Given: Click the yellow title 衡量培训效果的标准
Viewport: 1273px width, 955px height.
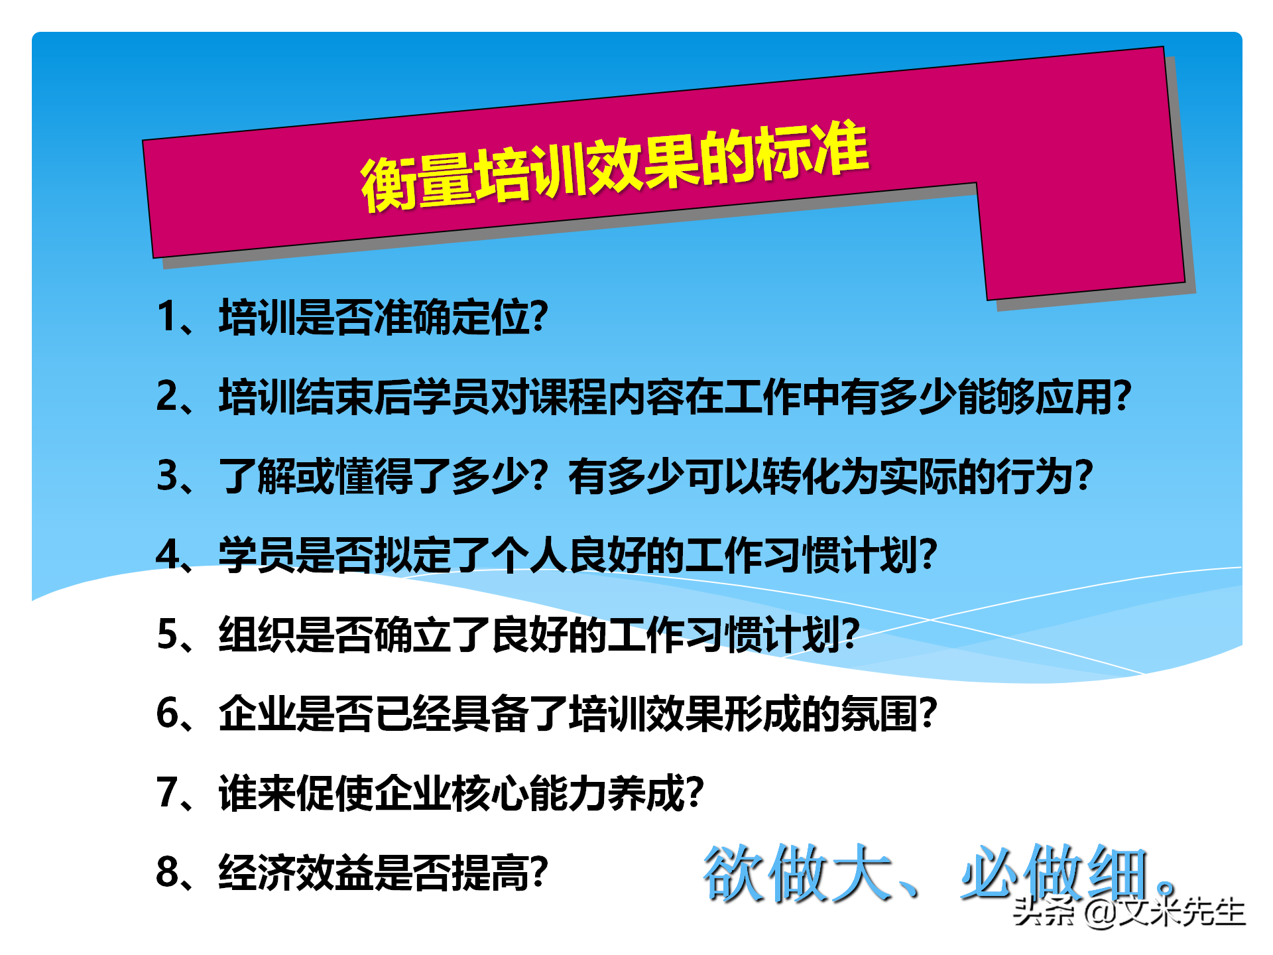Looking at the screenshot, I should coord(614,167).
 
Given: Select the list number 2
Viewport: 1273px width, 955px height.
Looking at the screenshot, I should coord(166,396).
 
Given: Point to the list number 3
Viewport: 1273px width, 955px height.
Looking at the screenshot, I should coord(166,476).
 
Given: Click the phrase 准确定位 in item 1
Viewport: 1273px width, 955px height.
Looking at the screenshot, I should coord(452,316).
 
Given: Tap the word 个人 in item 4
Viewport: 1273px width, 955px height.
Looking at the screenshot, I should coord(530,555).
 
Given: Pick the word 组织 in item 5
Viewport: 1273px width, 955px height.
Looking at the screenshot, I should coord(257,635).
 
